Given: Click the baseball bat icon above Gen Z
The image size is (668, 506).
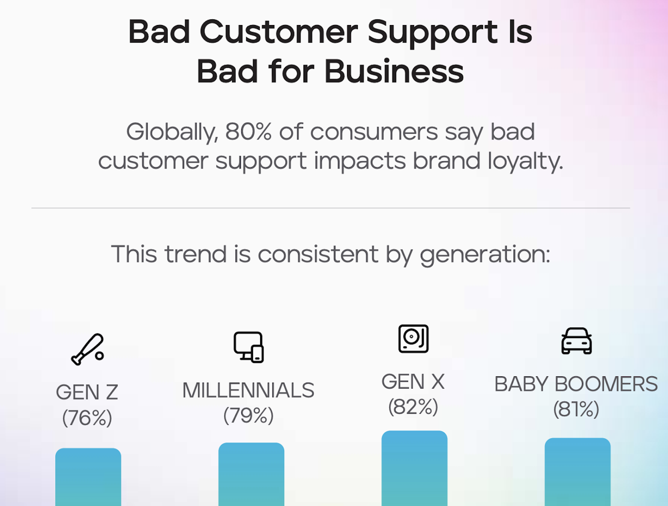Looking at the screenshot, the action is point(87,349).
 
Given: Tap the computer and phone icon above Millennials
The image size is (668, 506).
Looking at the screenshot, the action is point(249,347).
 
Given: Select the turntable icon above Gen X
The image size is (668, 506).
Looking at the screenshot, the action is point(413,338).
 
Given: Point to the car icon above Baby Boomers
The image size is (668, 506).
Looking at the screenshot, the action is point(577,341).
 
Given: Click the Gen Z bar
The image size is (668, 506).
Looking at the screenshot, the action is point(88,477).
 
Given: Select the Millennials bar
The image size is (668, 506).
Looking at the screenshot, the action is point(251,474).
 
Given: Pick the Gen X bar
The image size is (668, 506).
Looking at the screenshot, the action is point(415,468).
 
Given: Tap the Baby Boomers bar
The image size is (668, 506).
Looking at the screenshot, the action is point(578,472).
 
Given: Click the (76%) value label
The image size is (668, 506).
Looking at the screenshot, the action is point(87,418).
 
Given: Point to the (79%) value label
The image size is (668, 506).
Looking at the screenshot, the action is point(248,416).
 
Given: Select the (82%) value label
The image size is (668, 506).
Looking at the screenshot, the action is point(413,407).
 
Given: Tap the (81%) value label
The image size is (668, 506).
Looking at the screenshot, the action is point(576,409).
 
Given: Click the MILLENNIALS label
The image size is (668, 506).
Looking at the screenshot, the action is point(248,390).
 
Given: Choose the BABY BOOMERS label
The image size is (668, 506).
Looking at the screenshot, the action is point(576,384).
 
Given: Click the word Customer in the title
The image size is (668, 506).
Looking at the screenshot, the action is point(279,32).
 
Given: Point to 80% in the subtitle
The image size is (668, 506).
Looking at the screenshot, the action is point(248,132).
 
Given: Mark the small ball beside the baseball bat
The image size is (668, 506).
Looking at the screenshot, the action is point(99,356).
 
